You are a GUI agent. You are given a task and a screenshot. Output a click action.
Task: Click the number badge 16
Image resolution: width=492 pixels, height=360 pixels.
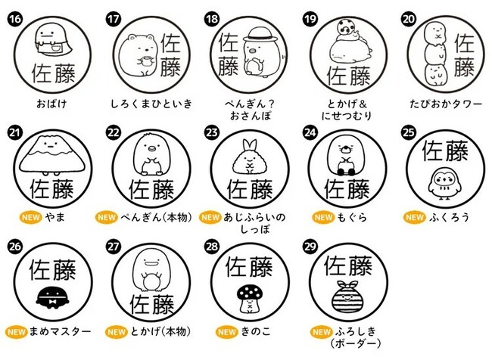tap(14, 19)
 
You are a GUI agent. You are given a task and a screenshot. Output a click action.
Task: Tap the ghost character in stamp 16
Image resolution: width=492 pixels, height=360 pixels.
tap(53, 40)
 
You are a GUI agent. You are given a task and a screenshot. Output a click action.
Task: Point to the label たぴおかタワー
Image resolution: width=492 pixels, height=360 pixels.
tap(446, 104)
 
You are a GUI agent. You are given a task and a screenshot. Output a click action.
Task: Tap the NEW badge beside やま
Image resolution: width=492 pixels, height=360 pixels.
tap(31, 217)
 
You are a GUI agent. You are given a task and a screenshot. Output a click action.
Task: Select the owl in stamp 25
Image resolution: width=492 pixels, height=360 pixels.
tap(444, 184)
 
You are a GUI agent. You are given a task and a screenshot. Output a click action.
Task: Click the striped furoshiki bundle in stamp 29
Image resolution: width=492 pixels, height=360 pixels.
tap(347, 296)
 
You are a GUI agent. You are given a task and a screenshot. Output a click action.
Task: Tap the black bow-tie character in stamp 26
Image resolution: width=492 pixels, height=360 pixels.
tap(52, 297)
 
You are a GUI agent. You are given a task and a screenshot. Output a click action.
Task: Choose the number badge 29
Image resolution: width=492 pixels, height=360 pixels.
tap(310, 246)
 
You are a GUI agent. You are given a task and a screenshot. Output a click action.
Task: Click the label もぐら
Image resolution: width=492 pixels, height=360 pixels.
tap(352, 217)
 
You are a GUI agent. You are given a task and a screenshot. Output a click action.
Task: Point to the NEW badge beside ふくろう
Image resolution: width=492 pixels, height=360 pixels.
tap(415, 217)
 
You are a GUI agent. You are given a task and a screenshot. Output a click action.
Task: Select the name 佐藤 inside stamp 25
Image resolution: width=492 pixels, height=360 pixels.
tap(444, 151)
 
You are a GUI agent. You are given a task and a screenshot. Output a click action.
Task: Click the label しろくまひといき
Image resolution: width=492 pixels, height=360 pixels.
tap(151, 104)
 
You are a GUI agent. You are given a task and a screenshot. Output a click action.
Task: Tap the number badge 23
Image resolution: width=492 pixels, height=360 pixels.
tap(211, 132)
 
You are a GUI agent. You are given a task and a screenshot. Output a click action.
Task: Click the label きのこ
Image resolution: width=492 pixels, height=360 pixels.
tap(255, 331)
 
